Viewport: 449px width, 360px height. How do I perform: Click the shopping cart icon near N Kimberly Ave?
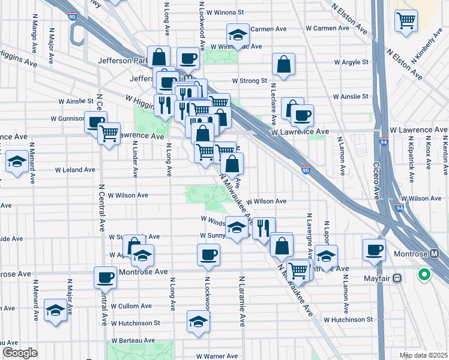(x=406, y=20)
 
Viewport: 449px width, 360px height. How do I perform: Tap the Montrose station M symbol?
(x=435, y=254)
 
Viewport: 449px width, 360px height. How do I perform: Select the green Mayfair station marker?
(x=424, y=275)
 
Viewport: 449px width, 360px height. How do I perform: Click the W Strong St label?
(x=250, y=80)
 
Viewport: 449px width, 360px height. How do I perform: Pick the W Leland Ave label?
(x=75, y=170)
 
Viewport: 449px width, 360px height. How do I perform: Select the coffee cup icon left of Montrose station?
(x=374, y=249)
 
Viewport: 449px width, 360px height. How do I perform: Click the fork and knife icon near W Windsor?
(x=263, y=227)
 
